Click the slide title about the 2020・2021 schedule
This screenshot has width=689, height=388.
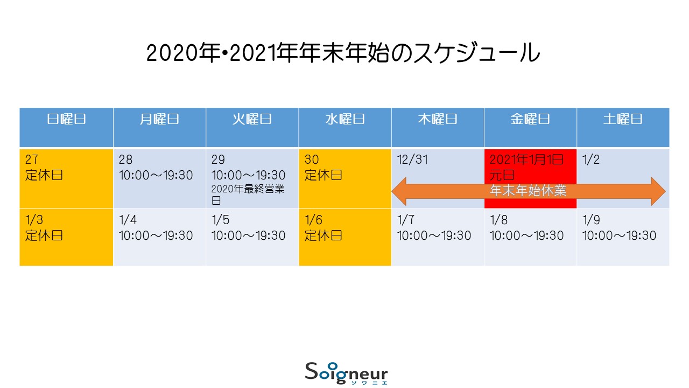tap(343, 53)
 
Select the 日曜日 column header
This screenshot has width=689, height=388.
tap(66, 119)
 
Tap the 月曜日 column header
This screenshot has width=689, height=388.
tap(159, 119)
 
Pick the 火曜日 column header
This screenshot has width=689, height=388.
tap(252, 119)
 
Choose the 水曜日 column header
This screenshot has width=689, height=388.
tap(345, 119)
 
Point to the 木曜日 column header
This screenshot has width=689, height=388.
tap(438, 119)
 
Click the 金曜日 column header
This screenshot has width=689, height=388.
tap(530, 119)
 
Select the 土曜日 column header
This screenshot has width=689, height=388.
tap(623, 119)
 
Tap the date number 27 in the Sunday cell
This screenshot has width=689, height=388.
tap(32, 160)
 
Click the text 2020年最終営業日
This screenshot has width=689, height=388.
tap(248, 195)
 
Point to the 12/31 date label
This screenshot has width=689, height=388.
tap(412, 160)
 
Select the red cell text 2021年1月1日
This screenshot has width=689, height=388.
tap(526, 160)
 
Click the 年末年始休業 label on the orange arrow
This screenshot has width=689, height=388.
tap(528, 191)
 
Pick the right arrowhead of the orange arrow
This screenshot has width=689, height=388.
tap(658, 191)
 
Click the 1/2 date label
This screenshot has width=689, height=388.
tap(591, 160)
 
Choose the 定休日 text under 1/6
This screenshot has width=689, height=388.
tap(324, 235)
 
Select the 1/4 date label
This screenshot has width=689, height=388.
tap(128, 220)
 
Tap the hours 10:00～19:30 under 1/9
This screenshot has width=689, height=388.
tap(619, 235)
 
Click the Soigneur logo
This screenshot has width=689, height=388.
tap(346, 373)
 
